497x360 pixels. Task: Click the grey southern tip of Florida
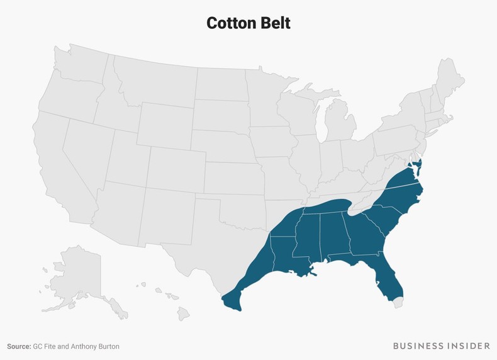tap(396, 303)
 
